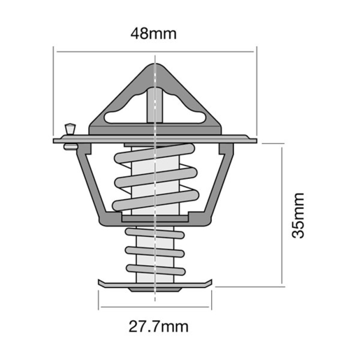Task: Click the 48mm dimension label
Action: [x=154, y=33]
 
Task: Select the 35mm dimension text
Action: [x=299, y=216]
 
